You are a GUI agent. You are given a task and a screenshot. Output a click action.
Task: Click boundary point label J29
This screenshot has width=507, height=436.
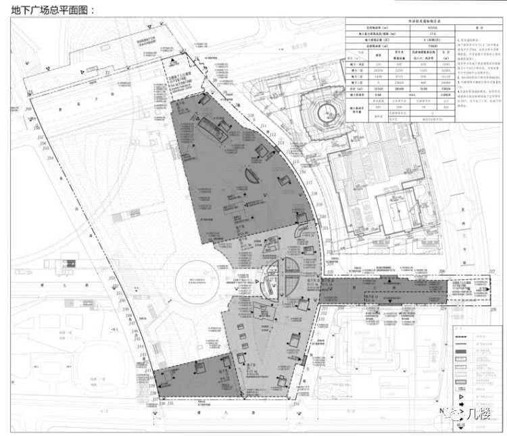(443, 308)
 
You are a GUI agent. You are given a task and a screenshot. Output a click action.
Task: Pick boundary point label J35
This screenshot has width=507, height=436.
(170, 403)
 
